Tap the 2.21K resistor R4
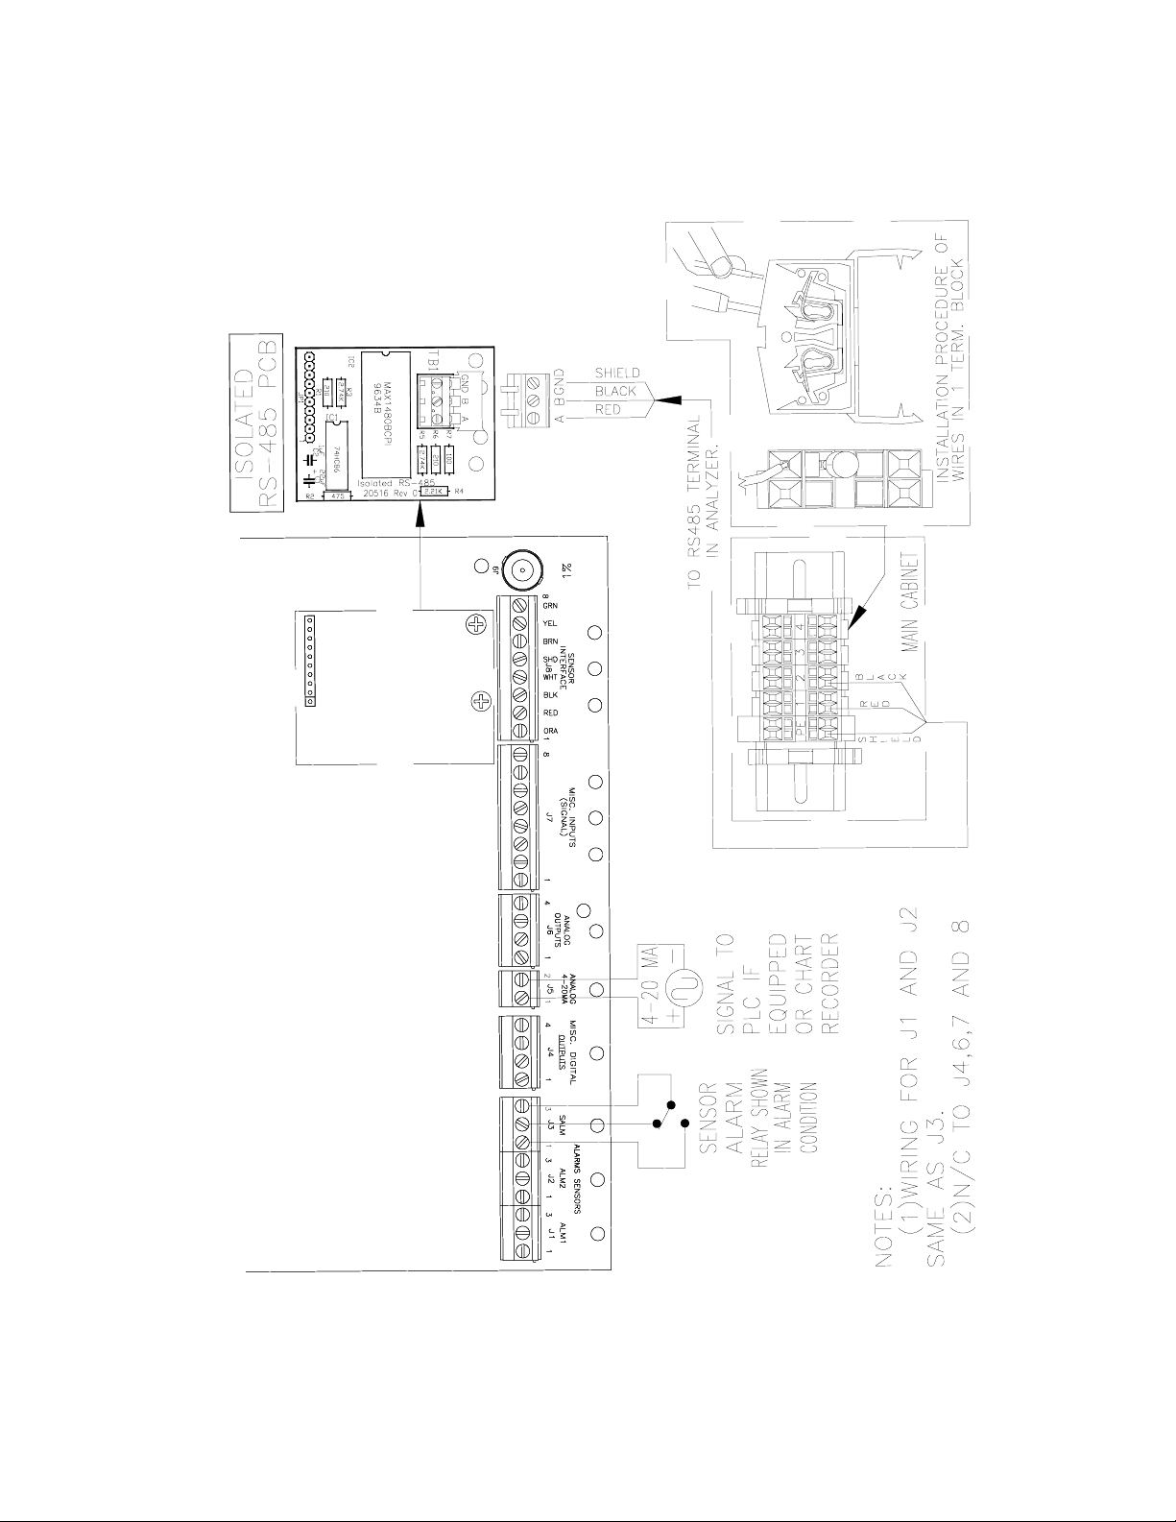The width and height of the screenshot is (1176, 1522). [432, 491]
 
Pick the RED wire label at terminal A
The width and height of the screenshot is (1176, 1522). [610, 410]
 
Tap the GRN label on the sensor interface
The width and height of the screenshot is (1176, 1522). [550, 606]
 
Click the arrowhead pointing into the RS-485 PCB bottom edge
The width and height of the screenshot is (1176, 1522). [420, 517]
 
